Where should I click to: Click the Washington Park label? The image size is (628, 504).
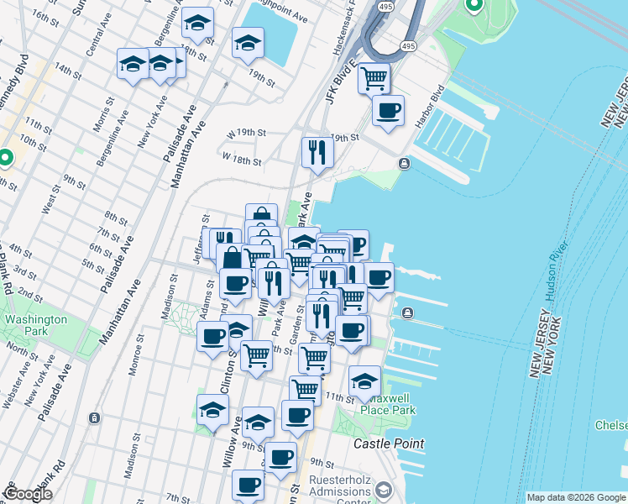tap(34, 325)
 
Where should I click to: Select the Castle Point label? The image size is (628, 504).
tap(389, 443)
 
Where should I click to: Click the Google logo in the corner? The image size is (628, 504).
tap(28, 494)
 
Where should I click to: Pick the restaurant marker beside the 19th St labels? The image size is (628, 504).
tap(317, 152)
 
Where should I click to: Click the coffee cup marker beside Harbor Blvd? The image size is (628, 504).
tap(388, 111)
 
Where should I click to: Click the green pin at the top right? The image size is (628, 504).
tap(474, 7)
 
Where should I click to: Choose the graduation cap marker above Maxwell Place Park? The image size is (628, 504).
tap(364, 381)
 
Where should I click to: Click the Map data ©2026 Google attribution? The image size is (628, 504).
tap(575, 497)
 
